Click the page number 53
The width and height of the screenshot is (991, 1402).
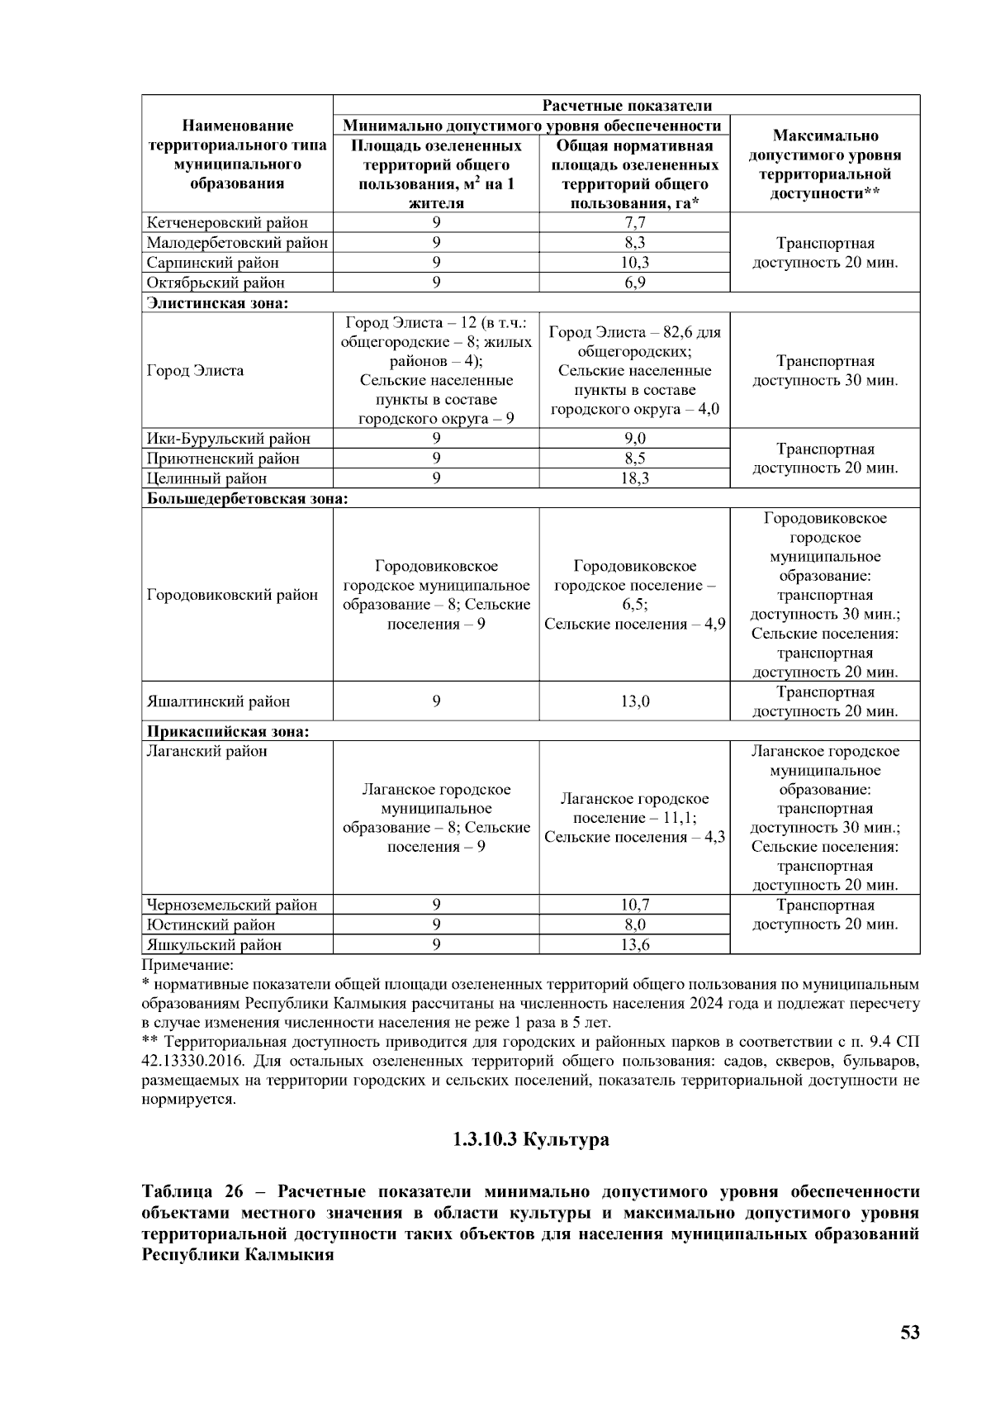click(909, 1332)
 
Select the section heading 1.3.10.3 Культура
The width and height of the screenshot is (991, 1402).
click(530, 1139)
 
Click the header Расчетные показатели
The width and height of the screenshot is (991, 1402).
click(626, 105)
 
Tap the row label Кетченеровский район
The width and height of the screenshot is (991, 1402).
click(227, 222)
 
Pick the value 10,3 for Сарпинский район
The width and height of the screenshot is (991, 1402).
click(634, 262)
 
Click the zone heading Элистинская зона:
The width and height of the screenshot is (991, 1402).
click(217, 302)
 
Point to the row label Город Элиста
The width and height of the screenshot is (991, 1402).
click(195, 370)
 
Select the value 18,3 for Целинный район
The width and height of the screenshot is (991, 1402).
click(634, 478)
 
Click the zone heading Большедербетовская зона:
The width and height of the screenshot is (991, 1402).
click(247, 498)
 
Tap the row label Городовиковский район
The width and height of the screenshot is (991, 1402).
click(232, 595)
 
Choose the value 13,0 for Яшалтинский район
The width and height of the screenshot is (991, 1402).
click(634, 701)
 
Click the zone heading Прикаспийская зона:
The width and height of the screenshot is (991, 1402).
click(228, 731)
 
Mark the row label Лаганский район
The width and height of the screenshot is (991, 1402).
click(206, 751)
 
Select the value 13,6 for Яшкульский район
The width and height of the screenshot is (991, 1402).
click(634, 944)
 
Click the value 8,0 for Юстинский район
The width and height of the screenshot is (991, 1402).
click(634, 924)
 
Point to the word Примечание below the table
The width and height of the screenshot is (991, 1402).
click(187, 964)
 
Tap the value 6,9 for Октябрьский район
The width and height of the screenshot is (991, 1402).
click(634, 283)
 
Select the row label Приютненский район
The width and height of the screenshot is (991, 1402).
click(223, 459)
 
